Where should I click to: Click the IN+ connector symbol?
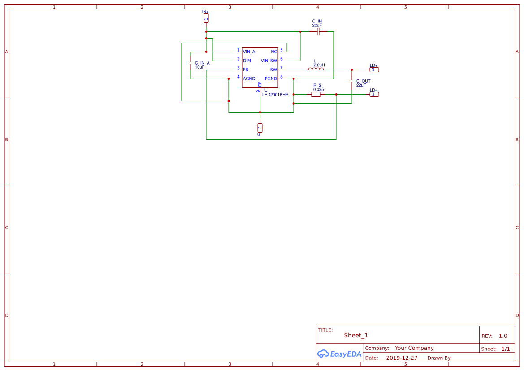(x=206, y=18)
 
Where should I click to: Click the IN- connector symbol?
(x=260, y=127)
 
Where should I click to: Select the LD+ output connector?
(x=374, y=70)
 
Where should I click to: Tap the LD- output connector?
(x=374, y=94)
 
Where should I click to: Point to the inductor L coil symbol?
(x=316, y=69)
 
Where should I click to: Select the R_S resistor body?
(x=316, y=94)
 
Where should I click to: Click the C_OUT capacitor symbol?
(x=352, y=81)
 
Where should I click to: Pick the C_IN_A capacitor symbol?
(x=191, y=63)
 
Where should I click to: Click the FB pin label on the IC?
(x=246, y=70)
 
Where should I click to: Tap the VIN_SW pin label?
(x=269, y=61)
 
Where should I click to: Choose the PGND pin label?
(x=271, y=79)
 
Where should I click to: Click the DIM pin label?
(x=247, y=61)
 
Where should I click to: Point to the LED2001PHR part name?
(x=275, y=95)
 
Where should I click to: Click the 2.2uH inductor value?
(x=319, y=65)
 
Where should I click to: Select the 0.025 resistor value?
(x=318, y=89)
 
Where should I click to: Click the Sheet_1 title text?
(x=356, y=335)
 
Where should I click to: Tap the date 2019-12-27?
(x=402, y=358)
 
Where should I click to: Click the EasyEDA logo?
(x=339, y=354)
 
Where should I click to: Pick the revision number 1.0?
(x=503, y=336)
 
